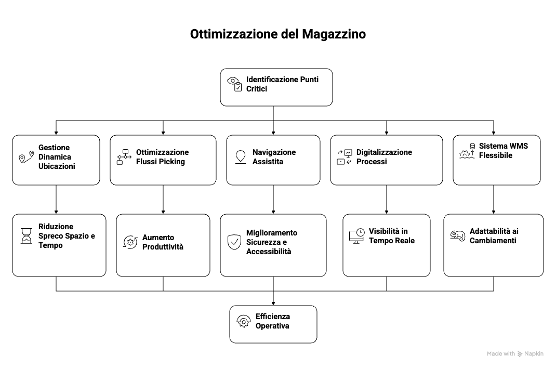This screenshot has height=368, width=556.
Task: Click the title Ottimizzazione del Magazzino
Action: (277, 34)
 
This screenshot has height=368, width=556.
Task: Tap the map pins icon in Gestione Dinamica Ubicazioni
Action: (26, 157)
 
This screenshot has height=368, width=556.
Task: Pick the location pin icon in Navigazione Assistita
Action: (240, 157)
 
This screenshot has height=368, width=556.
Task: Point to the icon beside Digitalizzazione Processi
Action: (345, 157)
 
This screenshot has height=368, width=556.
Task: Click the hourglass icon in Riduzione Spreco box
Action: (26, 236)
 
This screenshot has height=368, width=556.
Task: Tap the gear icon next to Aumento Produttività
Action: (130, 242)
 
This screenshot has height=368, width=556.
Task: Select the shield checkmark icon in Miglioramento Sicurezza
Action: (234, 242)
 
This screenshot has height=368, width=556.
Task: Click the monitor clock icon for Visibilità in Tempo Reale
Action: (356, 236)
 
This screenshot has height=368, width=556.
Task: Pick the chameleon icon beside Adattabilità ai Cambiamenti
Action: (457, 236)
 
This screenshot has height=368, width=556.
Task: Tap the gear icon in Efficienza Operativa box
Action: (243, 321)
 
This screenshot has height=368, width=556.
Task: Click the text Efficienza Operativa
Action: (272, 321)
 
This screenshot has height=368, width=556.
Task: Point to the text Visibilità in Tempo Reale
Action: (392, 236)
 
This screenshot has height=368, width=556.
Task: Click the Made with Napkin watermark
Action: (515, 353)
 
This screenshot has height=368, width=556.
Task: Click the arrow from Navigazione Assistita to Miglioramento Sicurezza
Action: (273, 200)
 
